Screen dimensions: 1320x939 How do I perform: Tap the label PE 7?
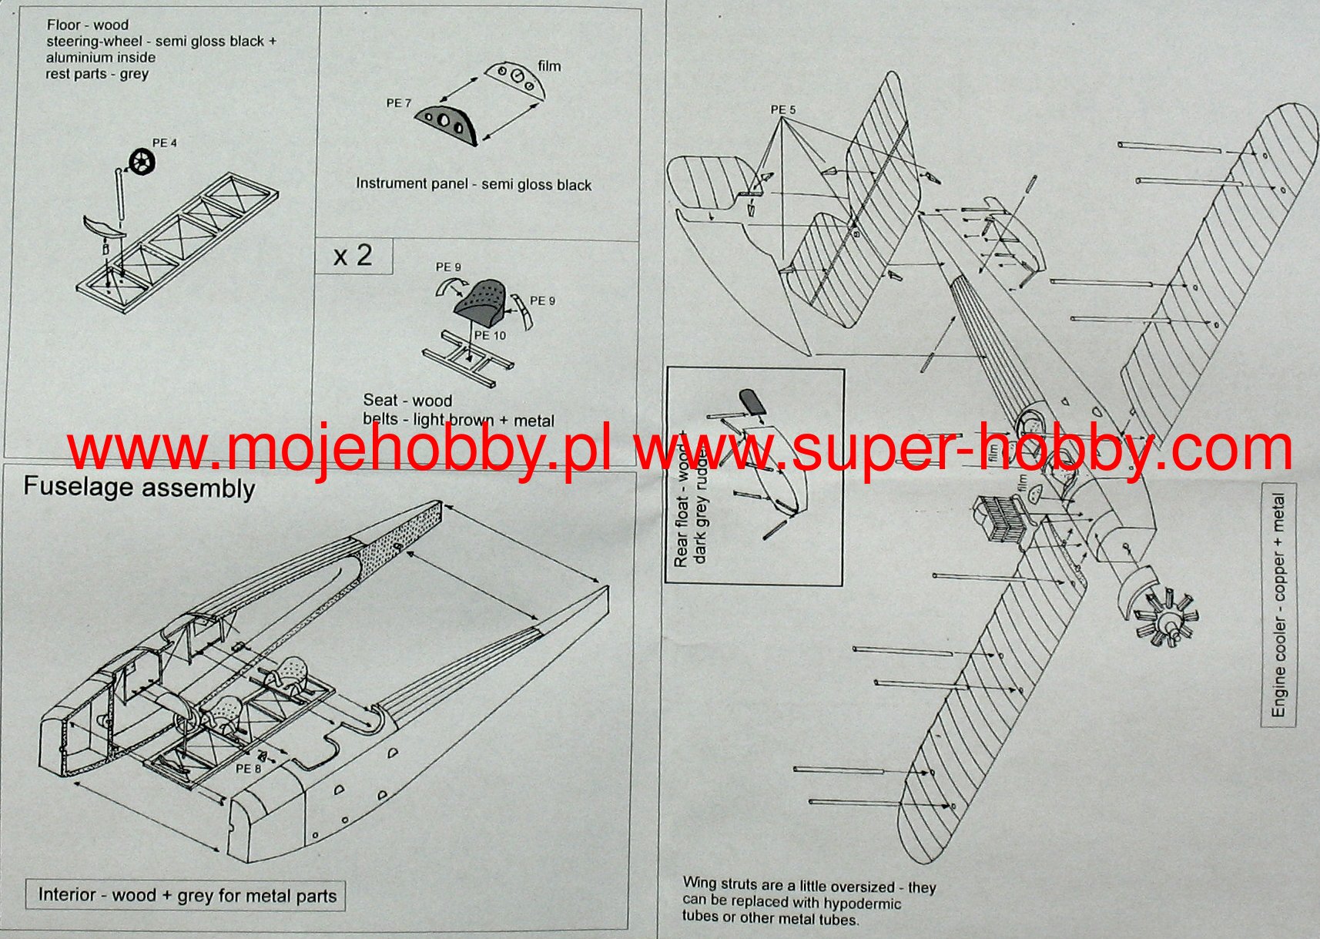point(398,103)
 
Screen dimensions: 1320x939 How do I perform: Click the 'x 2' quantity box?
point(353,255)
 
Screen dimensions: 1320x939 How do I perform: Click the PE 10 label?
point(490,335)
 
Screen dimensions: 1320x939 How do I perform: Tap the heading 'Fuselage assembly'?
point(139,488)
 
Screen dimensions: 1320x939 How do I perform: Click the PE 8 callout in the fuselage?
point(248,768)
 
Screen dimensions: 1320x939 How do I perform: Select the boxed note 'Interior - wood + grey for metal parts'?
point(187,895)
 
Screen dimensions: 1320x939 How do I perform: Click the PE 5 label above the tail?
point(782,110)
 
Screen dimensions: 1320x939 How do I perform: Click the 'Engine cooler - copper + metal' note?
point(1278,605)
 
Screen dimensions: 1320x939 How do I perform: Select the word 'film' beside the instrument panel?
point(549,66)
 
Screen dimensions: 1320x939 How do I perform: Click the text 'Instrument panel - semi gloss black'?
point(473,184)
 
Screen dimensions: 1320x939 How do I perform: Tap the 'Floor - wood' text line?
point(87,25)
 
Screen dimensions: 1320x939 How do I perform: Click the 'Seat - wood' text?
point(407,401)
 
